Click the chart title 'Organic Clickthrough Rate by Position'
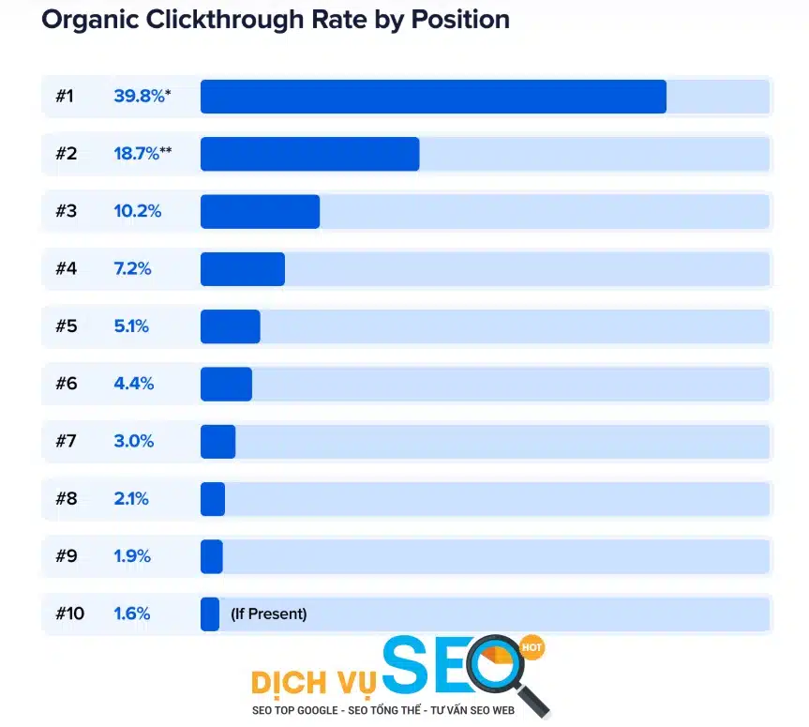[x=276, y=20]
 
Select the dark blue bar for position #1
[x=433, y=97]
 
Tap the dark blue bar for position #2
[x=309, y=154]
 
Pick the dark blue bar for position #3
[x=260, y=211]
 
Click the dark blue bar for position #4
[x=242, y=269]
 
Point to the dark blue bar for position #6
[x=226, y=384]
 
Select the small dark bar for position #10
[x=210, y=614]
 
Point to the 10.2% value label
[x=138, y=211]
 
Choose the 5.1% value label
[x=132, y=326]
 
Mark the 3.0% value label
[x=134, y=442]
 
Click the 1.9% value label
[x=132, y=556]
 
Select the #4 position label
[x=66, y=269]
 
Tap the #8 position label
[x=66, y=499]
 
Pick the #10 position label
[x=69, y=614]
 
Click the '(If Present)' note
[x=268, y=614]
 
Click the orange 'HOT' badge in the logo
[x=532, y=647]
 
